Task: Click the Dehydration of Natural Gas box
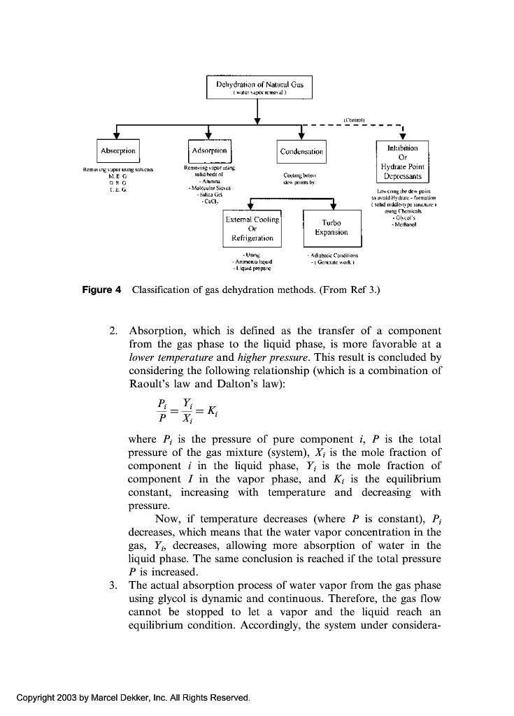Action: pyautogui.click(x=259, y=88)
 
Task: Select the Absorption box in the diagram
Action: pyautogui.click(x=117, y=150)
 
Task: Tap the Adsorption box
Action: pyautogui.click(x=208, y=150)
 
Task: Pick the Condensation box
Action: pyautogui.click(x=301, y=151)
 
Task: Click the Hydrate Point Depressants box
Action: pyautogui.click(x=402, y=163)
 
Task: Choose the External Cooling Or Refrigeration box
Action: pyautogui.click(x=252, y=229)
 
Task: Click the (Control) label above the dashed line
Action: pyautogui.click(x=354, y=120)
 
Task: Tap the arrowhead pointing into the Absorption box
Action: pyautogui.click(x=117, y=136)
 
